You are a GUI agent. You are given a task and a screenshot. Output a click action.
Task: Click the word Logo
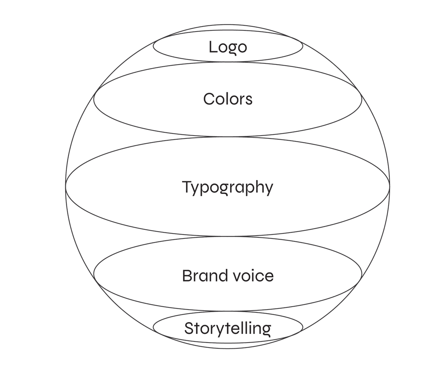coord(228,47)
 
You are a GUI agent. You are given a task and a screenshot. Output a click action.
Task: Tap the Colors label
coord(228,99)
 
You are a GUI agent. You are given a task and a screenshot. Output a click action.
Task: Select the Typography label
coord(228,188)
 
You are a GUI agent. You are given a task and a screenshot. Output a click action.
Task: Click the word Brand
coord(200,276)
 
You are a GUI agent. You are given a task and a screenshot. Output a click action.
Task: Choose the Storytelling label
coord(228,329)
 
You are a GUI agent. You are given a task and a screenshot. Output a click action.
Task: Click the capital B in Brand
coord(187,276)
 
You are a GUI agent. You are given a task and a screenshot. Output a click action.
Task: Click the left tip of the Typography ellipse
coord(66,186)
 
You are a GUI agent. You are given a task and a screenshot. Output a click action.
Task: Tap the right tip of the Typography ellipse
coord(390,186)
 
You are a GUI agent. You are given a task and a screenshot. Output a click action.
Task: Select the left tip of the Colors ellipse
coord(94,99)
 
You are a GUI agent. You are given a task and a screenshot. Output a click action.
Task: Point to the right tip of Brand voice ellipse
coord(362,273)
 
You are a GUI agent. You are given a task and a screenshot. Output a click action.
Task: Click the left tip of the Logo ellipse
coord(153,46)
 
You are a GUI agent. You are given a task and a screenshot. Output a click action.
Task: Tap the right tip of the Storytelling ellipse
coord(303,327)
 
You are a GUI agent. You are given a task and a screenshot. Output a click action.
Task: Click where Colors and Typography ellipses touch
coord(228,137)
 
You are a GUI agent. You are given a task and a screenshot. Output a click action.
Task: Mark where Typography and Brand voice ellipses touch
coord(228,236)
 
